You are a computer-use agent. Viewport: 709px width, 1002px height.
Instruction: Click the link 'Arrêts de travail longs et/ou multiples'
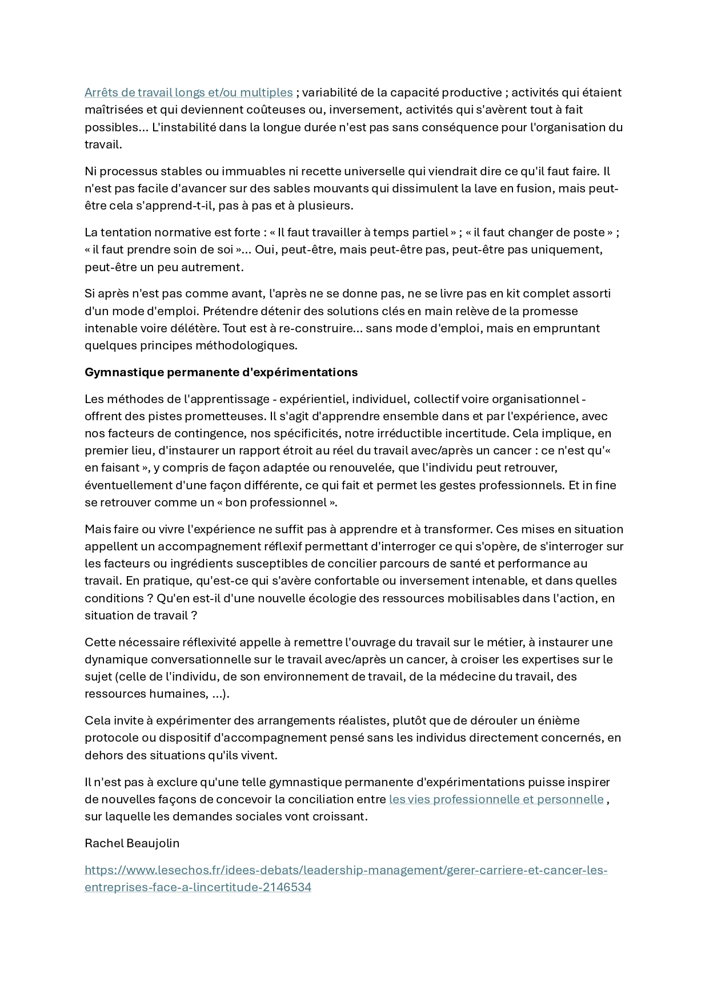coord(189,92)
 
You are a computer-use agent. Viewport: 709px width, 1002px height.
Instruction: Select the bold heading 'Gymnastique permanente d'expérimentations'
coord(221,372)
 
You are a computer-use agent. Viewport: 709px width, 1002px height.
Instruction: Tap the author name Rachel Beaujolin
coord(132,843)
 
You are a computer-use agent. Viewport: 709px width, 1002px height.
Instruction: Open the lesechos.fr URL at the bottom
coord(346,871)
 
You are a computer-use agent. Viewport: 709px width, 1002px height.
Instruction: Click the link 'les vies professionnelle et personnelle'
coord(496,799)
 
